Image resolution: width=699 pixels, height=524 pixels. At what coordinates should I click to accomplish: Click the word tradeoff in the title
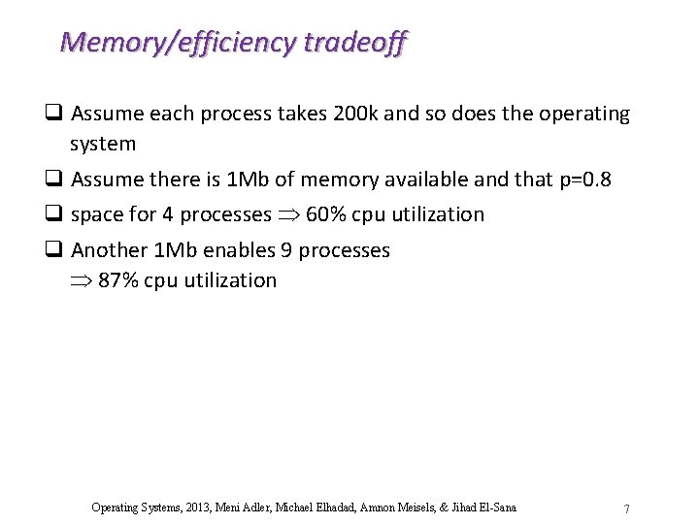click(x=355, y=42)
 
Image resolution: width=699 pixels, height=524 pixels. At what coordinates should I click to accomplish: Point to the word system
click(x=103, y=144)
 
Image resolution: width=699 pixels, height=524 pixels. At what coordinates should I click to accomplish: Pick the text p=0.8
click(x=585, y=180)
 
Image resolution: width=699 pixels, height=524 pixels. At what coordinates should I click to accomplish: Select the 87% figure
click(x=118, y=280)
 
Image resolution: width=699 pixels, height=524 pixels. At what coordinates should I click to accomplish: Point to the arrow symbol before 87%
click(x=82, y=281)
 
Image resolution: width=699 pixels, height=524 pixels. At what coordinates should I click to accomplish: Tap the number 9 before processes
click(x=286, y=250)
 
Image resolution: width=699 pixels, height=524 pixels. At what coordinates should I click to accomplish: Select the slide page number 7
click(x=627, y=509)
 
